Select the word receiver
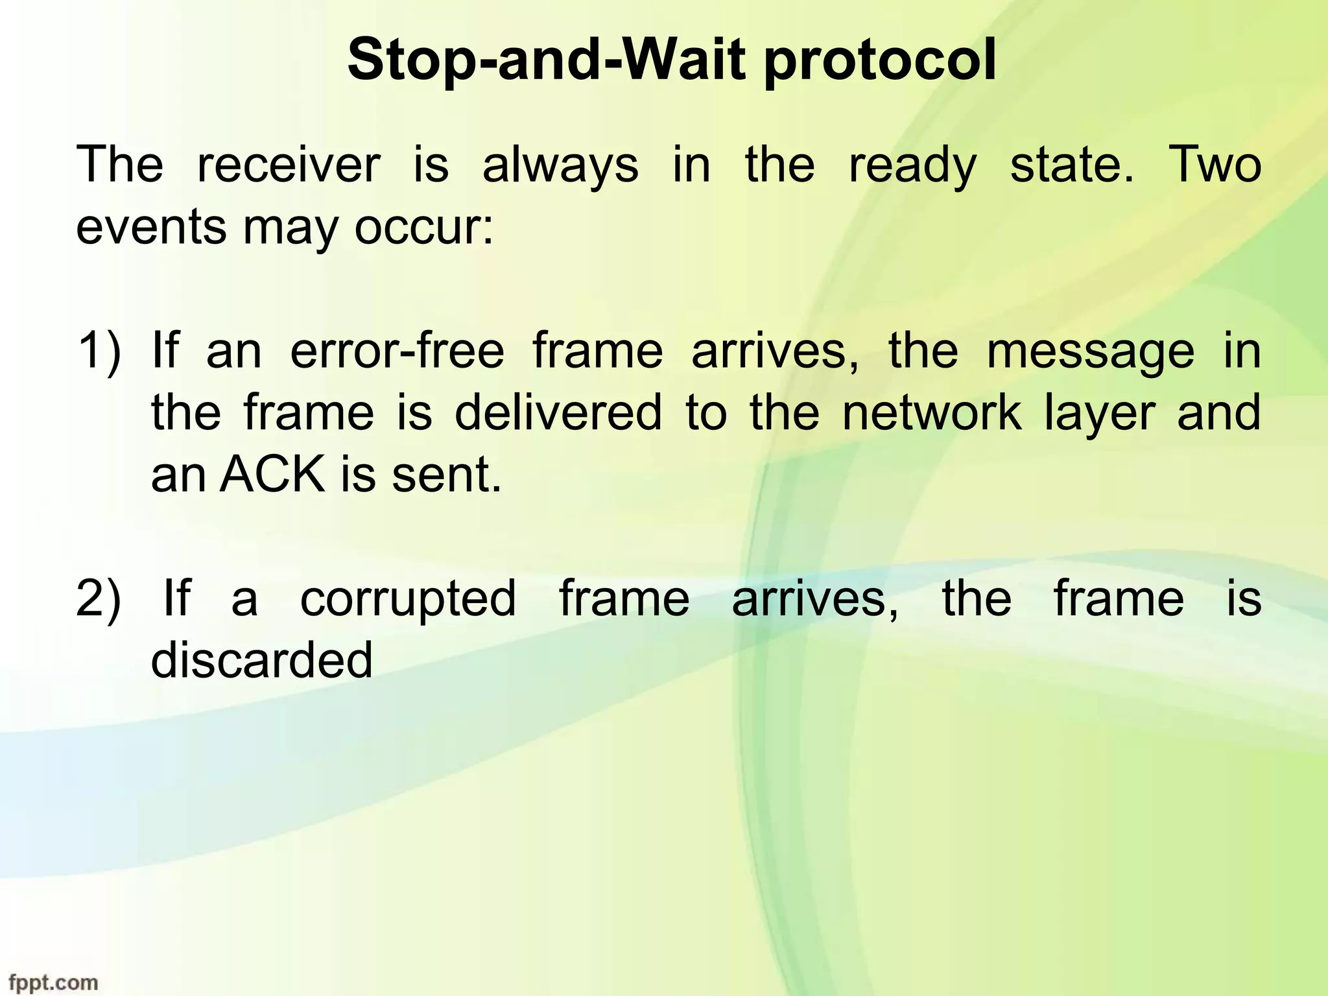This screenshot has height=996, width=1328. point(288,165)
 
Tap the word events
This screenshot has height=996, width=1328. point(151,228)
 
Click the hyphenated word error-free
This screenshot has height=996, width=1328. point(397,350)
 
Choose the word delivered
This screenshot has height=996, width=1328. point(558,412)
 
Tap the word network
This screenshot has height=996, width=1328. point(932,412)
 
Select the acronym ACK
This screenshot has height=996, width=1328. point(272,475)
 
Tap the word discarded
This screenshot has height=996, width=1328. point(262,660)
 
